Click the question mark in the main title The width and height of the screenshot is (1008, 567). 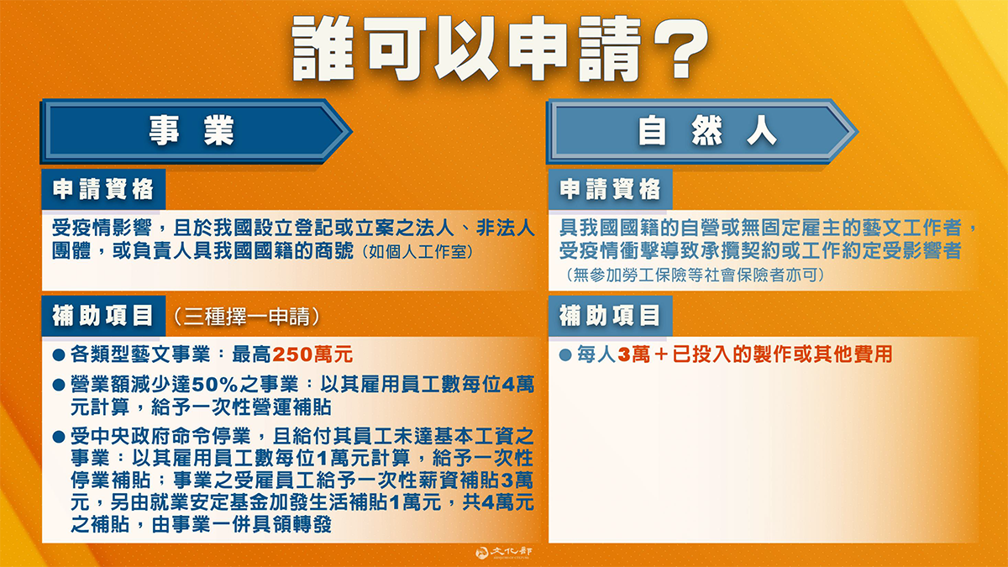pos(681,49)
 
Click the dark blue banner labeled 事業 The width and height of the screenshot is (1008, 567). pos(197,131)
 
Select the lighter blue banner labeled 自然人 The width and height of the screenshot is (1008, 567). pos(702,131)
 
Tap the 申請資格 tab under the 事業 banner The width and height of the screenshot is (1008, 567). pos(103,190)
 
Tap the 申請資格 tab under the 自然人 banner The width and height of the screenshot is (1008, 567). pos(610,190)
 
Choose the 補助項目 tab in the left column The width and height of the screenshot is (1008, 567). pos(103,316)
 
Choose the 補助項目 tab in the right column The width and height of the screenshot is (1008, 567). pos(610,316)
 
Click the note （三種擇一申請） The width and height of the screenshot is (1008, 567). pos(247,317)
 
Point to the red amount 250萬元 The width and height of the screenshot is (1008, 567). pos(312,354)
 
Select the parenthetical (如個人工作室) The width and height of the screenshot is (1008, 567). pos(417,252)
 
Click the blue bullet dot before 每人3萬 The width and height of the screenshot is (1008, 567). pos(565,355)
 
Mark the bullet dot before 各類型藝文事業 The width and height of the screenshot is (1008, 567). pos(59,355)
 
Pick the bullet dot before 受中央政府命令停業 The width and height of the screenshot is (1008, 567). pos(59,437)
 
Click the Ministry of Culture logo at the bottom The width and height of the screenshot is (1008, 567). pos(504,553)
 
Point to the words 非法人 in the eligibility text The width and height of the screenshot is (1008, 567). pos(506,228)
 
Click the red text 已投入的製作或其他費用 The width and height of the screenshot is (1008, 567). pos(783,354)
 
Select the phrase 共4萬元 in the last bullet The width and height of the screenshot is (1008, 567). pos(498,502)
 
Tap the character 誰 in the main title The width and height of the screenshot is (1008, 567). pos(323,49)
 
